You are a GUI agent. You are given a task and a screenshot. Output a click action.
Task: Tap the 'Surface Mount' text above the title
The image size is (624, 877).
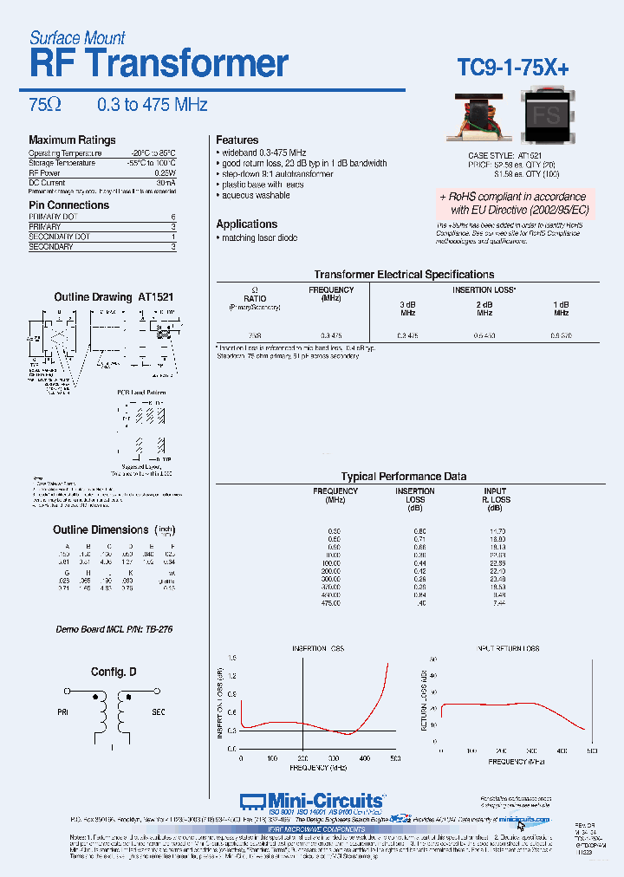(77, 37)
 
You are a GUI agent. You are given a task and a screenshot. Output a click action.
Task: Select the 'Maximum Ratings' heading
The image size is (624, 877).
(72, 140)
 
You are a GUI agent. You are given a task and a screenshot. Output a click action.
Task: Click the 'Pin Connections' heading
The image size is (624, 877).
(69, 205)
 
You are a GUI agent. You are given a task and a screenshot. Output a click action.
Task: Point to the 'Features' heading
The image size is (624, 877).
(237, 140)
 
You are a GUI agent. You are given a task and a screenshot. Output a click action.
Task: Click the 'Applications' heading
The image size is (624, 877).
(247, 224)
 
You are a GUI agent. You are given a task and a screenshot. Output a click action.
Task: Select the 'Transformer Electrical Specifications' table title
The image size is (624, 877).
(404, 274)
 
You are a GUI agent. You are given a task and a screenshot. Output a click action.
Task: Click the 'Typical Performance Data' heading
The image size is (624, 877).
(404, 476)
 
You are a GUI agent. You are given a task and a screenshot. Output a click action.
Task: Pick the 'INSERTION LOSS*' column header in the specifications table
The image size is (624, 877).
(484, 289)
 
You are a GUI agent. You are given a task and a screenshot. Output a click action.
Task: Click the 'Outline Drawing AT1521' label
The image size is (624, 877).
(114, 297)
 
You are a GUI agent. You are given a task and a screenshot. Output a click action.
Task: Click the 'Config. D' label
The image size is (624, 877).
(114, 672)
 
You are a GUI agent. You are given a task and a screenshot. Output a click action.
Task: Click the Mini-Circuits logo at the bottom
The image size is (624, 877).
(311, 802)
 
